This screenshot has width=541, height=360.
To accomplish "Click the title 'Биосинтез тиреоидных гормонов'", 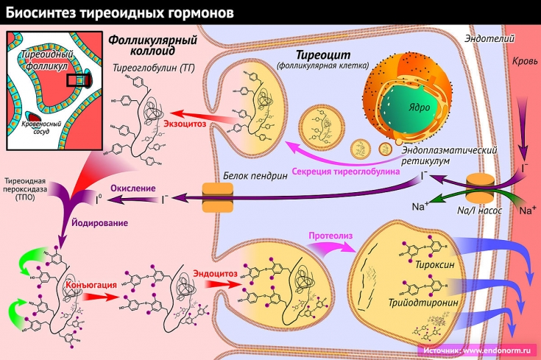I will point(122,13).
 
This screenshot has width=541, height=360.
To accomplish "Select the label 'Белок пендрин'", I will point(251,177).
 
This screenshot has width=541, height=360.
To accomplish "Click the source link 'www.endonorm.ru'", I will point(500,351).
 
